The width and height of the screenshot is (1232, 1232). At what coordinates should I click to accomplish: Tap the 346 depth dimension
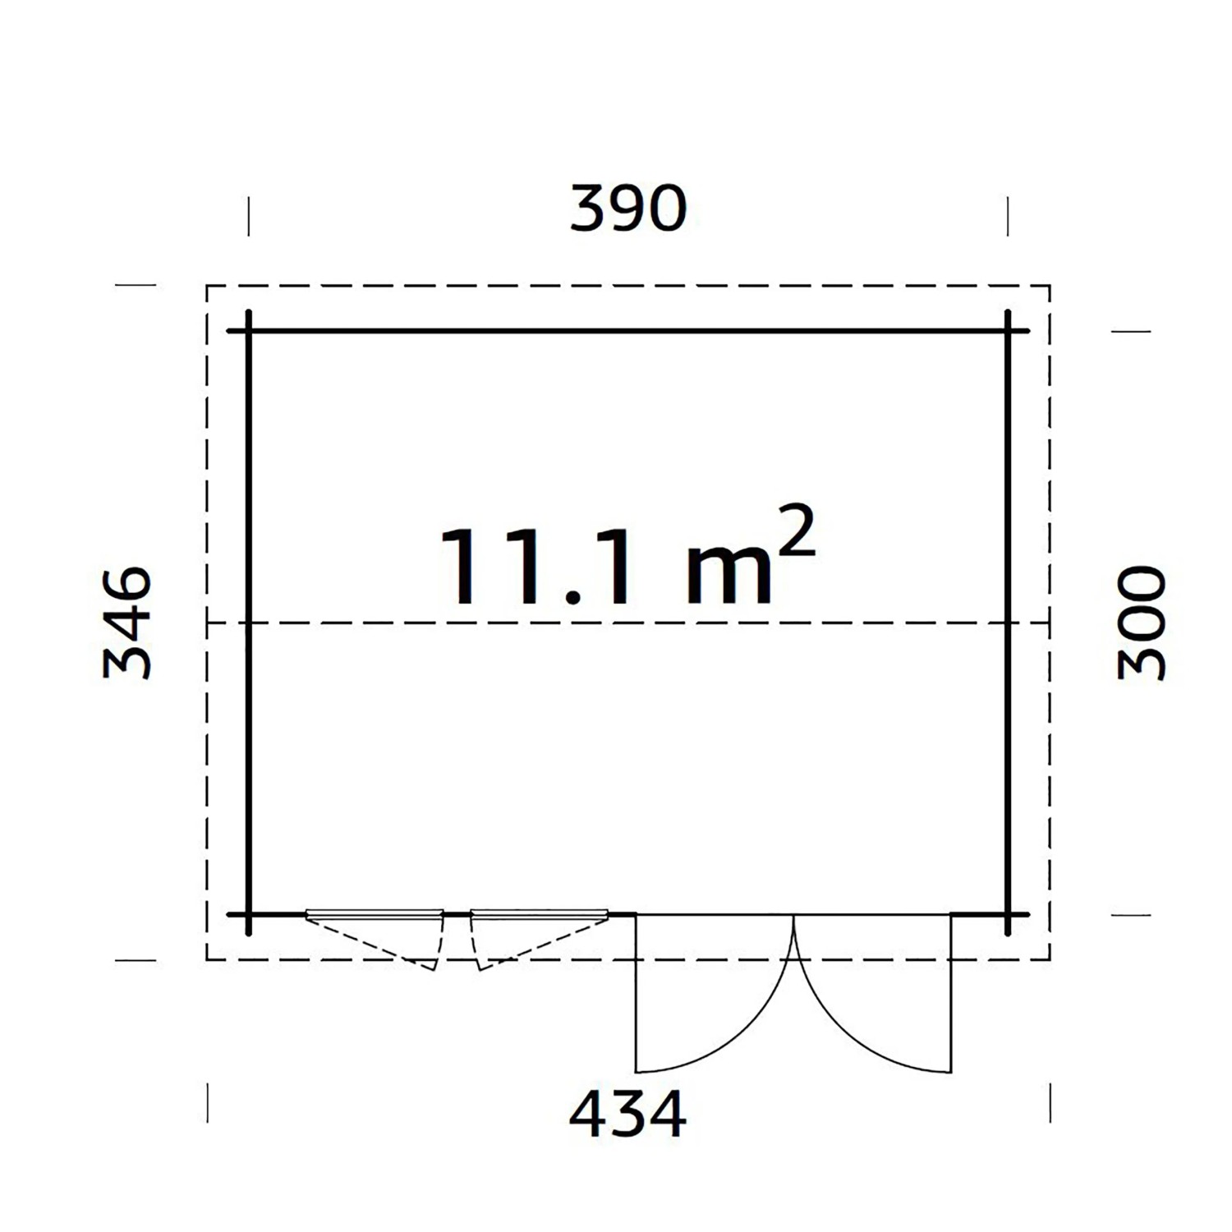127,623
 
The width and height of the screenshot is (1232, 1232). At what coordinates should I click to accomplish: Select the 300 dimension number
1142,623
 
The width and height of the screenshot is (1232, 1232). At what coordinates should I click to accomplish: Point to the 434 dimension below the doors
628,1114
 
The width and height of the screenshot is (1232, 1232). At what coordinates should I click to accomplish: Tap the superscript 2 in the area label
794,531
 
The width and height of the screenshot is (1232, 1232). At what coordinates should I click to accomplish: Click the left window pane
375,913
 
